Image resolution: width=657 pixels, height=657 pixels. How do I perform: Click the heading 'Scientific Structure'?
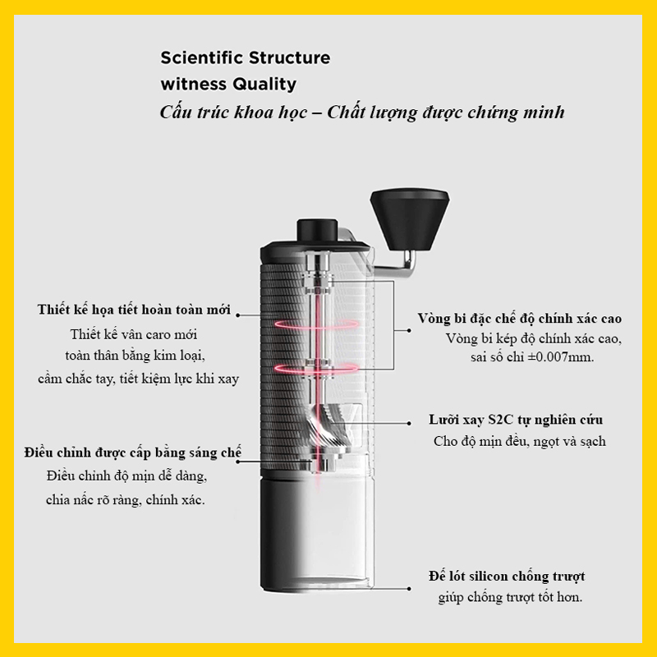click(245, 58)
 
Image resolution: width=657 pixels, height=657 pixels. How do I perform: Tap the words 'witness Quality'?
click(228, 84)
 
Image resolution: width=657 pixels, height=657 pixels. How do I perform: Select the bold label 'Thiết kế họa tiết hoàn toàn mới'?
click(134, 310)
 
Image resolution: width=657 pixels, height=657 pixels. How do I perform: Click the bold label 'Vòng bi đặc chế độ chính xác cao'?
click(519, 319)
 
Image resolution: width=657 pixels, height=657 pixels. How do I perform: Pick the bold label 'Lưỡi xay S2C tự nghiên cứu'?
click(516, 420)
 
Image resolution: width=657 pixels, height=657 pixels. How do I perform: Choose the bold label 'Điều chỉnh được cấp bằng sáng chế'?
click(133, 453)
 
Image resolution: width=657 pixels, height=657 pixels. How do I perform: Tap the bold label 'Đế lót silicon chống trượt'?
click(507, 577)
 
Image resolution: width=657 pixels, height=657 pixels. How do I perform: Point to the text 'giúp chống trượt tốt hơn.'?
click(509, 597)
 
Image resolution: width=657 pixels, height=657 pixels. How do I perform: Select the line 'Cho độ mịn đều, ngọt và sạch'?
click(519, 441)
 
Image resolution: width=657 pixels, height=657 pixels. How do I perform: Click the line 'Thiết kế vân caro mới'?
click(134, 334)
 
